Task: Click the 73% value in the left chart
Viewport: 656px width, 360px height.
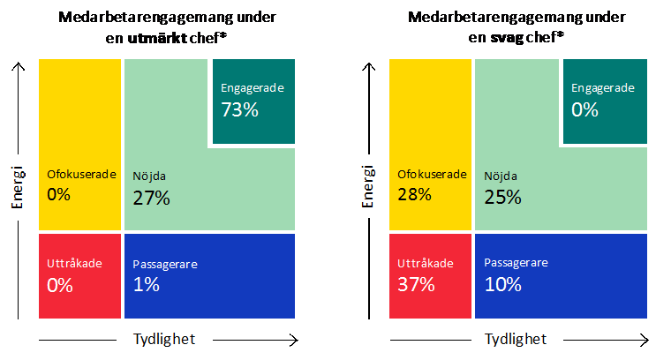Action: [238, 110]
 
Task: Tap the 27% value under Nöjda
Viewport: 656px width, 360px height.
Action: [151, 198]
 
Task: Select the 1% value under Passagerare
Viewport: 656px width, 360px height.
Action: [146, 284]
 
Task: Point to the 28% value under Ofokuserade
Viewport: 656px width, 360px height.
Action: [414, 194]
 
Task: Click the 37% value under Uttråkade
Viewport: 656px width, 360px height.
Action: [416, 284]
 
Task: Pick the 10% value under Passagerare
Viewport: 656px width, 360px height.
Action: [503, 284]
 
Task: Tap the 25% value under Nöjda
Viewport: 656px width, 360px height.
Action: [502, 198]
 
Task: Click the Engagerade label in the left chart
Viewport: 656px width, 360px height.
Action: [250, 88]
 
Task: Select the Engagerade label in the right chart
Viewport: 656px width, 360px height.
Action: [603, 88]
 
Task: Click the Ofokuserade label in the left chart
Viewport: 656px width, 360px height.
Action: [81, 174]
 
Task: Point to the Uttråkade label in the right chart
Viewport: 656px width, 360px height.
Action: [426, 263]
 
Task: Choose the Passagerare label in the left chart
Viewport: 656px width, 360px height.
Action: [165, 264]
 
